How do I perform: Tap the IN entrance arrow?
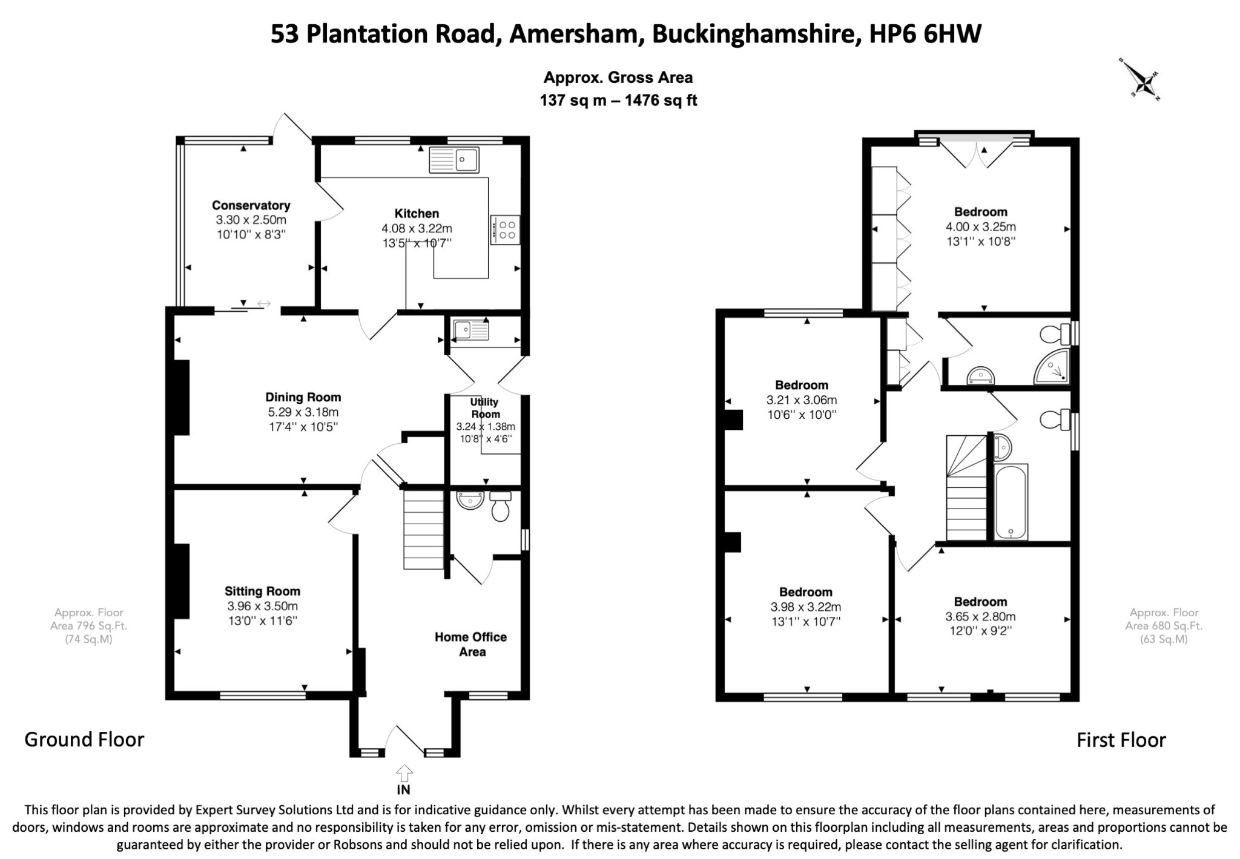tap(404, 773)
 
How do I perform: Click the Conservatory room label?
tap(251, 205)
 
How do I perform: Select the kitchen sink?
tap(453, 160)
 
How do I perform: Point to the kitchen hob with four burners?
tap(504, 229)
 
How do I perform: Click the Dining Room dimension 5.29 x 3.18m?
tap(303, 412)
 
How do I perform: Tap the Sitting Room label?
tap(262, 591)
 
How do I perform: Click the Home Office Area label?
tap(471, 644)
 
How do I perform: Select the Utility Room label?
tap(485, 408)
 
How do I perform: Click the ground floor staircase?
tap(424, 530)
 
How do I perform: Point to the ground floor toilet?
tap(501, 506)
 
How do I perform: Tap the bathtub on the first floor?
tap(1011, 502)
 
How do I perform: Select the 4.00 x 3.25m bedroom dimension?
tap(981, 227)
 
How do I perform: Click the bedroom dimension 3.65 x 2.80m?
tap(981, 617)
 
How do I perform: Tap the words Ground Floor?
tap(84, 739)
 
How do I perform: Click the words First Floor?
tap(1121, 740)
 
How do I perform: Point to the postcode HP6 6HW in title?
tap(925, 34)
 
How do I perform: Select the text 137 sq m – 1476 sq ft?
tap(618, 100)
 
